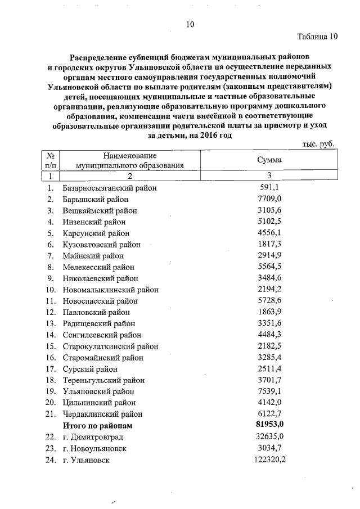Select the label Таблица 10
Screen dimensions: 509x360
(318, 37)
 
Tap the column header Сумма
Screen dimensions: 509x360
(269, 160)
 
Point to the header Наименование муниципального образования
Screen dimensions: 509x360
(130, 160)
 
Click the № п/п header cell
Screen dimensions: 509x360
(51, 160)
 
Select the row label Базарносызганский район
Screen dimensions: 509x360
(110, 188)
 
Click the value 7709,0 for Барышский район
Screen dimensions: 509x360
(269, 199)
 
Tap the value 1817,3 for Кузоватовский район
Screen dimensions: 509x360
(269, 244)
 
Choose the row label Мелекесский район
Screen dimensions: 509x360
(100, 267)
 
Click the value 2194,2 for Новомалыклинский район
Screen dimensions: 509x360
(269, 289)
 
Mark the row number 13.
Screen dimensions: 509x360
(51, 323)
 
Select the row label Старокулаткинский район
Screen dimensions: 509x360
(110, 346)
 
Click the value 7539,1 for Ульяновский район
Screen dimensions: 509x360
(269, 391)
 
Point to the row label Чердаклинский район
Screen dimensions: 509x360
(102, 414)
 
